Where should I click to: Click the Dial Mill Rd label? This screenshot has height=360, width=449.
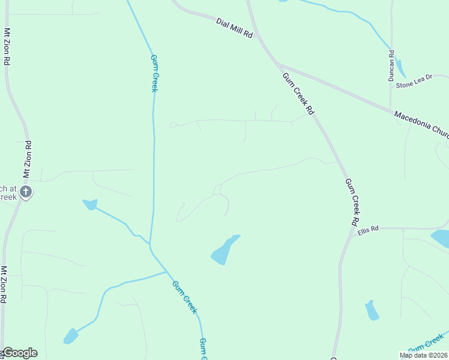[x=235, y=28]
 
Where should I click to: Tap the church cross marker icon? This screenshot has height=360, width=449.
[x=25, y=192]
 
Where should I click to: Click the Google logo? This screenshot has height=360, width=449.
[x=19, y=353]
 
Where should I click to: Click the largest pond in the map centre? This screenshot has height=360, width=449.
[x=224, y=251]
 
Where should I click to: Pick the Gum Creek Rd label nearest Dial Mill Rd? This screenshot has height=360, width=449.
[x=298, y=93]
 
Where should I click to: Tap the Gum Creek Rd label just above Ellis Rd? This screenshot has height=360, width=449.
[x=353, y=202]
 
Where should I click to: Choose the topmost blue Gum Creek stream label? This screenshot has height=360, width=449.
[x=154, y=73]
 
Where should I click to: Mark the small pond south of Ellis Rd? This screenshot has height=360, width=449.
[x=372, y=310]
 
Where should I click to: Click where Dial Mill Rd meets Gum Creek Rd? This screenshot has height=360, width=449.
[x=261, y=38]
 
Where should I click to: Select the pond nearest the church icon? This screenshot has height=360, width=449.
[x=90, y=205]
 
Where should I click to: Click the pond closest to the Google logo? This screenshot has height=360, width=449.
[x=71, y=336]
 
